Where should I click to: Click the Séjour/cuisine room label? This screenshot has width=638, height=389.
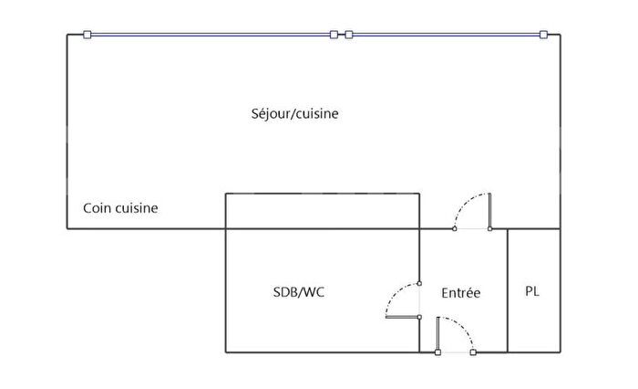click(294, 114)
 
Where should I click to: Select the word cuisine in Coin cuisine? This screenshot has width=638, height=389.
click(137, 208)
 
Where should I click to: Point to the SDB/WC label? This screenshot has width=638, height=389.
click(298, 293)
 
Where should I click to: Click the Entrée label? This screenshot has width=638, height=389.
click(460, 293)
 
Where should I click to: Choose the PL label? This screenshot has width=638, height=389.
click(533, 291)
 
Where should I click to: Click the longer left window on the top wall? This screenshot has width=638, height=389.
click(210, 35)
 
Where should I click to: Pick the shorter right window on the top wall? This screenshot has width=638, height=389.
click(445, 35)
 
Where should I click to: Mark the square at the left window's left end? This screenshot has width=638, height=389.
click(87, 35)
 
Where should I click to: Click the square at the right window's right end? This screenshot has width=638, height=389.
click(543, 35)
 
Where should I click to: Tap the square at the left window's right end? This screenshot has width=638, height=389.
click(334, 35)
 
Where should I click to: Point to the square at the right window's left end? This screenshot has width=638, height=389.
click(348, 35)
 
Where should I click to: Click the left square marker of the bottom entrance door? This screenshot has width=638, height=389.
click(438, 352)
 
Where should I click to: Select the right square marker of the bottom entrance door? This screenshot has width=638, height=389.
click(473, 352)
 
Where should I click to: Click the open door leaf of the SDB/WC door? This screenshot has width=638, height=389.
click(402, 317)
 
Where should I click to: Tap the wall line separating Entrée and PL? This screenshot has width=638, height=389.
click(508, 290)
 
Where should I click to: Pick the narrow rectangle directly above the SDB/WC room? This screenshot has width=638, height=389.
click(322, 210)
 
